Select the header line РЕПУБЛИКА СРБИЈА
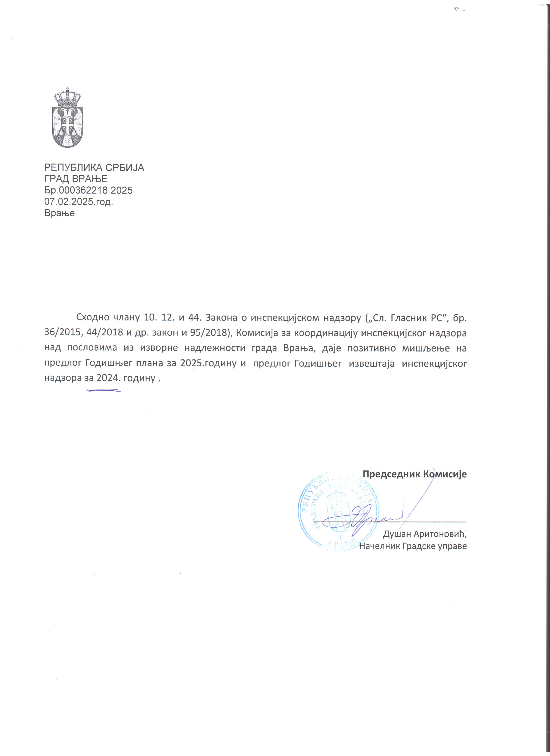94,167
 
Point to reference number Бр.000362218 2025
88,190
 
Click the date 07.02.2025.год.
79,202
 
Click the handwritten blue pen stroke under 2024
103,390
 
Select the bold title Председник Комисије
415,474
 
